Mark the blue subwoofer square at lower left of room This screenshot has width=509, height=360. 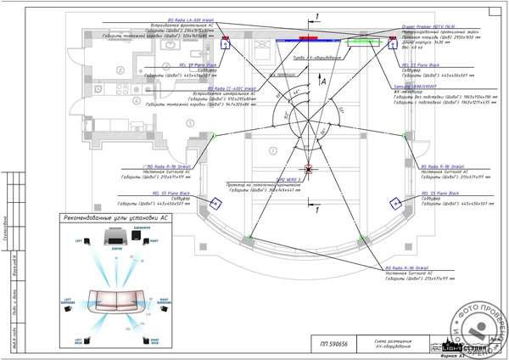pos(215,201)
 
